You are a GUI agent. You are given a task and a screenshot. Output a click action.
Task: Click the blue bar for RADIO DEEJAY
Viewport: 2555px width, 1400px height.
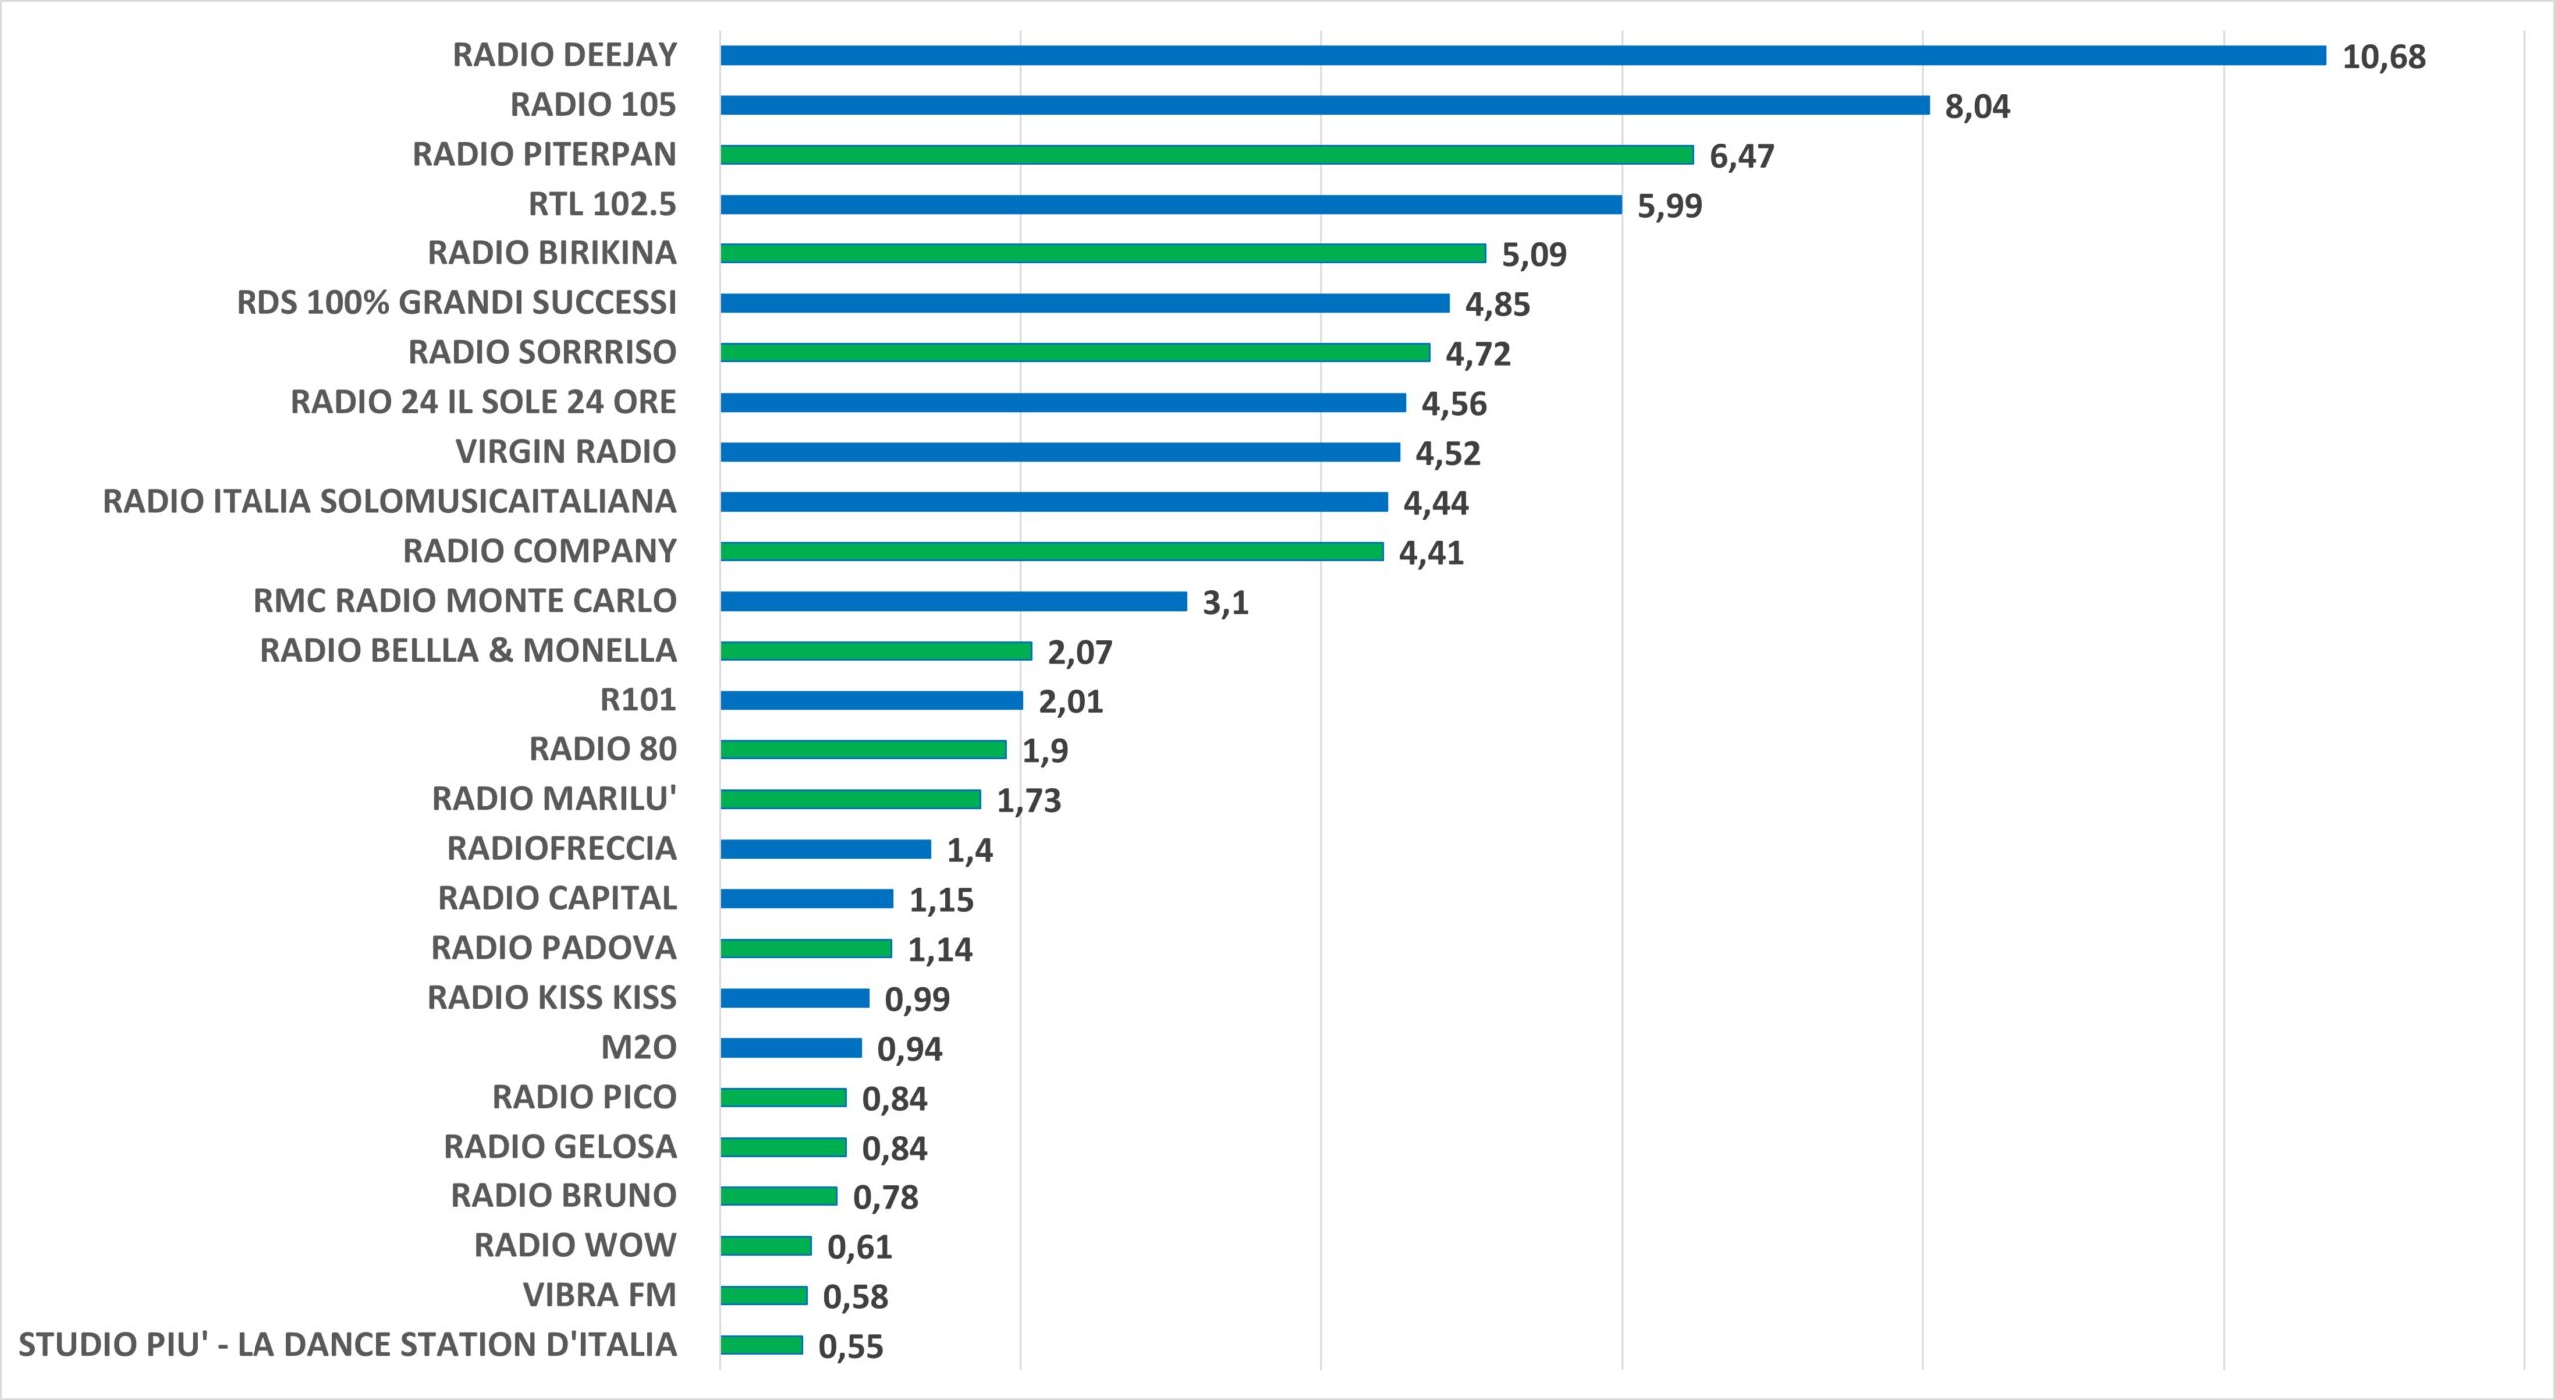(x=1523, y=55)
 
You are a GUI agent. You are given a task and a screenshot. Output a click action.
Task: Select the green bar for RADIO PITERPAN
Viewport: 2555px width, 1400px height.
(x=1207, y=155)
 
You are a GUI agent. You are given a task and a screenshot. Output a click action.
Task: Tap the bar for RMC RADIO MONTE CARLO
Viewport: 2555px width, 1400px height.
(x=953, y=601)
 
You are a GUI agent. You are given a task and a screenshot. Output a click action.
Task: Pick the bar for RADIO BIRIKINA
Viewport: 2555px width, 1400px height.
(x=1103, y=253)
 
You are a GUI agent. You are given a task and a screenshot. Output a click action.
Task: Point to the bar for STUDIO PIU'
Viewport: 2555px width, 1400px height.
(x=762, y=1345)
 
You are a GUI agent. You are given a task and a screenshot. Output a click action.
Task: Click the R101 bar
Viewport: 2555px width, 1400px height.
(x=871, y=700)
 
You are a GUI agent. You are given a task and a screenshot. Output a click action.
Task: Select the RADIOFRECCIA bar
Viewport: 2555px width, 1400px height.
(x=825, y=849)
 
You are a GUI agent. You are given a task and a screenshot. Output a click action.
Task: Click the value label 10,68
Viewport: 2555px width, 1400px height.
(x=2384, y=57)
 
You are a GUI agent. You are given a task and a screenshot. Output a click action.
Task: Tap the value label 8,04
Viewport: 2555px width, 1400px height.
(x=1978, y=107)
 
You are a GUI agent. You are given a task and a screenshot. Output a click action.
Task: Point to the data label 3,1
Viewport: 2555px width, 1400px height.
(x=1226, y=603)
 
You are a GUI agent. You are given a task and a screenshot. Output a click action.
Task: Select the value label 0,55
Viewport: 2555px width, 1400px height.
(x=851, y=1347)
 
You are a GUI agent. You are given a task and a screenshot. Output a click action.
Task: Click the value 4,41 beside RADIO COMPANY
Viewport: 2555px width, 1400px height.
(x=1432, y=553)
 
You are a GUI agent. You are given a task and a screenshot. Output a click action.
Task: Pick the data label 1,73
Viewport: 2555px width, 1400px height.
(x=1029, y=801)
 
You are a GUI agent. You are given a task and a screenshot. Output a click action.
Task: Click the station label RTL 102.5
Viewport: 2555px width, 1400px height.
(x=602, y=204)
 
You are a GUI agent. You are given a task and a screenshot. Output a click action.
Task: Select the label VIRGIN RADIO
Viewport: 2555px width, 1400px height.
(x=566, y=452)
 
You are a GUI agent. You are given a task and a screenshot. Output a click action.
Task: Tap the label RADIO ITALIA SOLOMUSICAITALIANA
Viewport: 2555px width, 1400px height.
(x=389, y=501)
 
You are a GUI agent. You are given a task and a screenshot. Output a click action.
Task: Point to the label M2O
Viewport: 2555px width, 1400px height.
(x=639, y=1047)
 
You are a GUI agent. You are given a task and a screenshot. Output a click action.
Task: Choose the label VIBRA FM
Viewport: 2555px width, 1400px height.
(x=600, y=1295)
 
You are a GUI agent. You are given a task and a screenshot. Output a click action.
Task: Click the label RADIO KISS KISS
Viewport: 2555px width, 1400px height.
(x=552, y=998)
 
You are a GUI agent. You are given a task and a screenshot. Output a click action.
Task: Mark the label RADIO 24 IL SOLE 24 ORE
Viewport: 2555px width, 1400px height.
(x=483, y=402)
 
